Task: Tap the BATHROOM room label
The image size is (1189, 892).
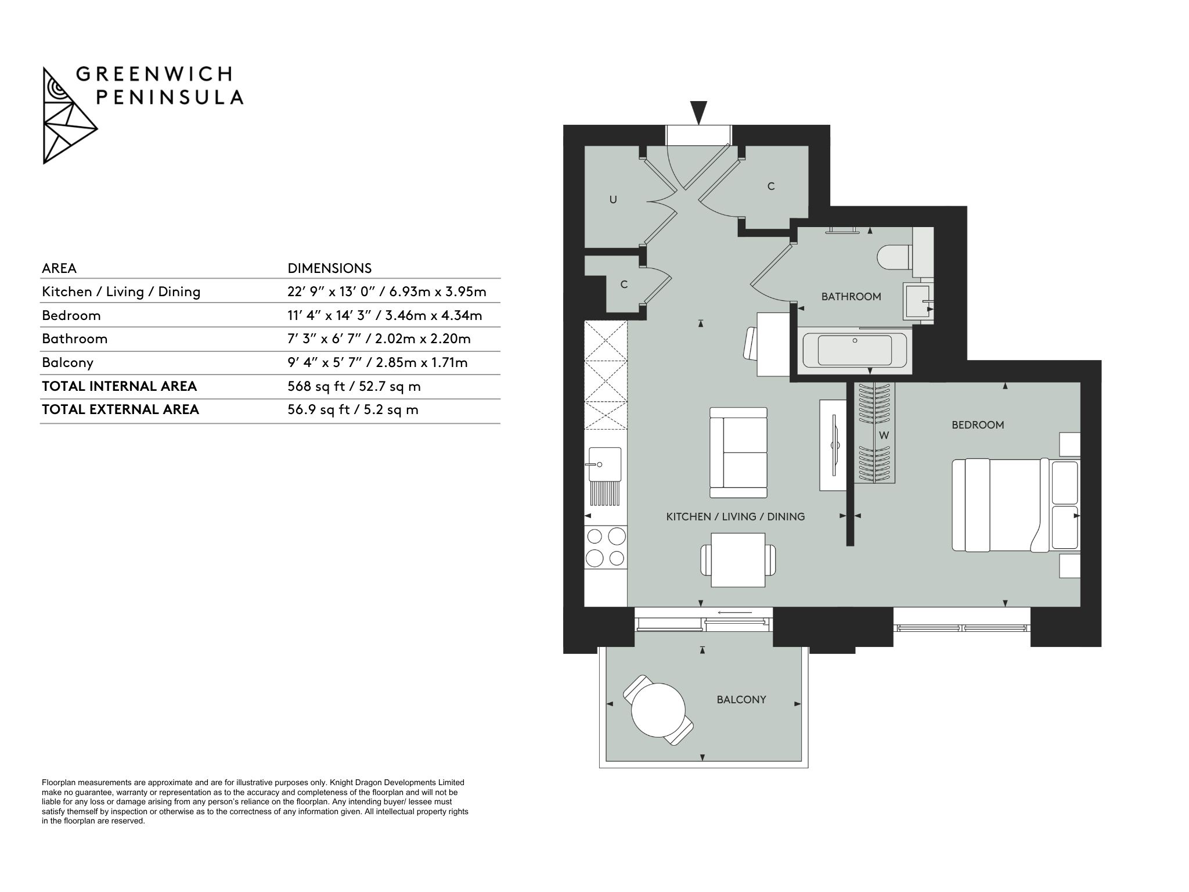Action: (851, 297)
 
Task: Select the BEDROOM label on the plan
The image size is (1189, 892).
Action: (978, 425)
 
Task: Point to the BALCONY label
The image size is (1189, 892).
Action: (741, 700)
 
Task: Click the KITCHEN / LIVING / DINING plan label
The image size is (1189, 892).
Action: (736, 516)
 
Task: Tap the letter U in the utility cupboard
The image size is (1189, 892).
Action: (613, 200)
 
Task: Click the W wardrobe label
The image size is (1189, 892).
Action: (884, 436)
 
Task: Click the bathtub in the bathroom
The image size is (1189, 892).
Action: (855, 350)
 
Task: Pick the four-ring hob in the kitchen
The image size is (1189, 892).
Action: (606, 546)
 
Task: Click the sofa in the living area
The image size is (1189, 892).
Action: (738, 452)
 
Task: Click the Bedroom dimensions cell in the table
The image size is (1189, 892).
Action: (385, 316)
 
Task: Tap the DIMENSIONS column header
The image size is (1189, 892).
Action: (330, 268)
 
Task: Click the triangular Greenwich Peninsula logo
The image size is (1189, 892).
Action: (70, 116)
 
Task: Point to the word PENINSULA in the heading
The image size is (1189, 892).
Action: (170, 98)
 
